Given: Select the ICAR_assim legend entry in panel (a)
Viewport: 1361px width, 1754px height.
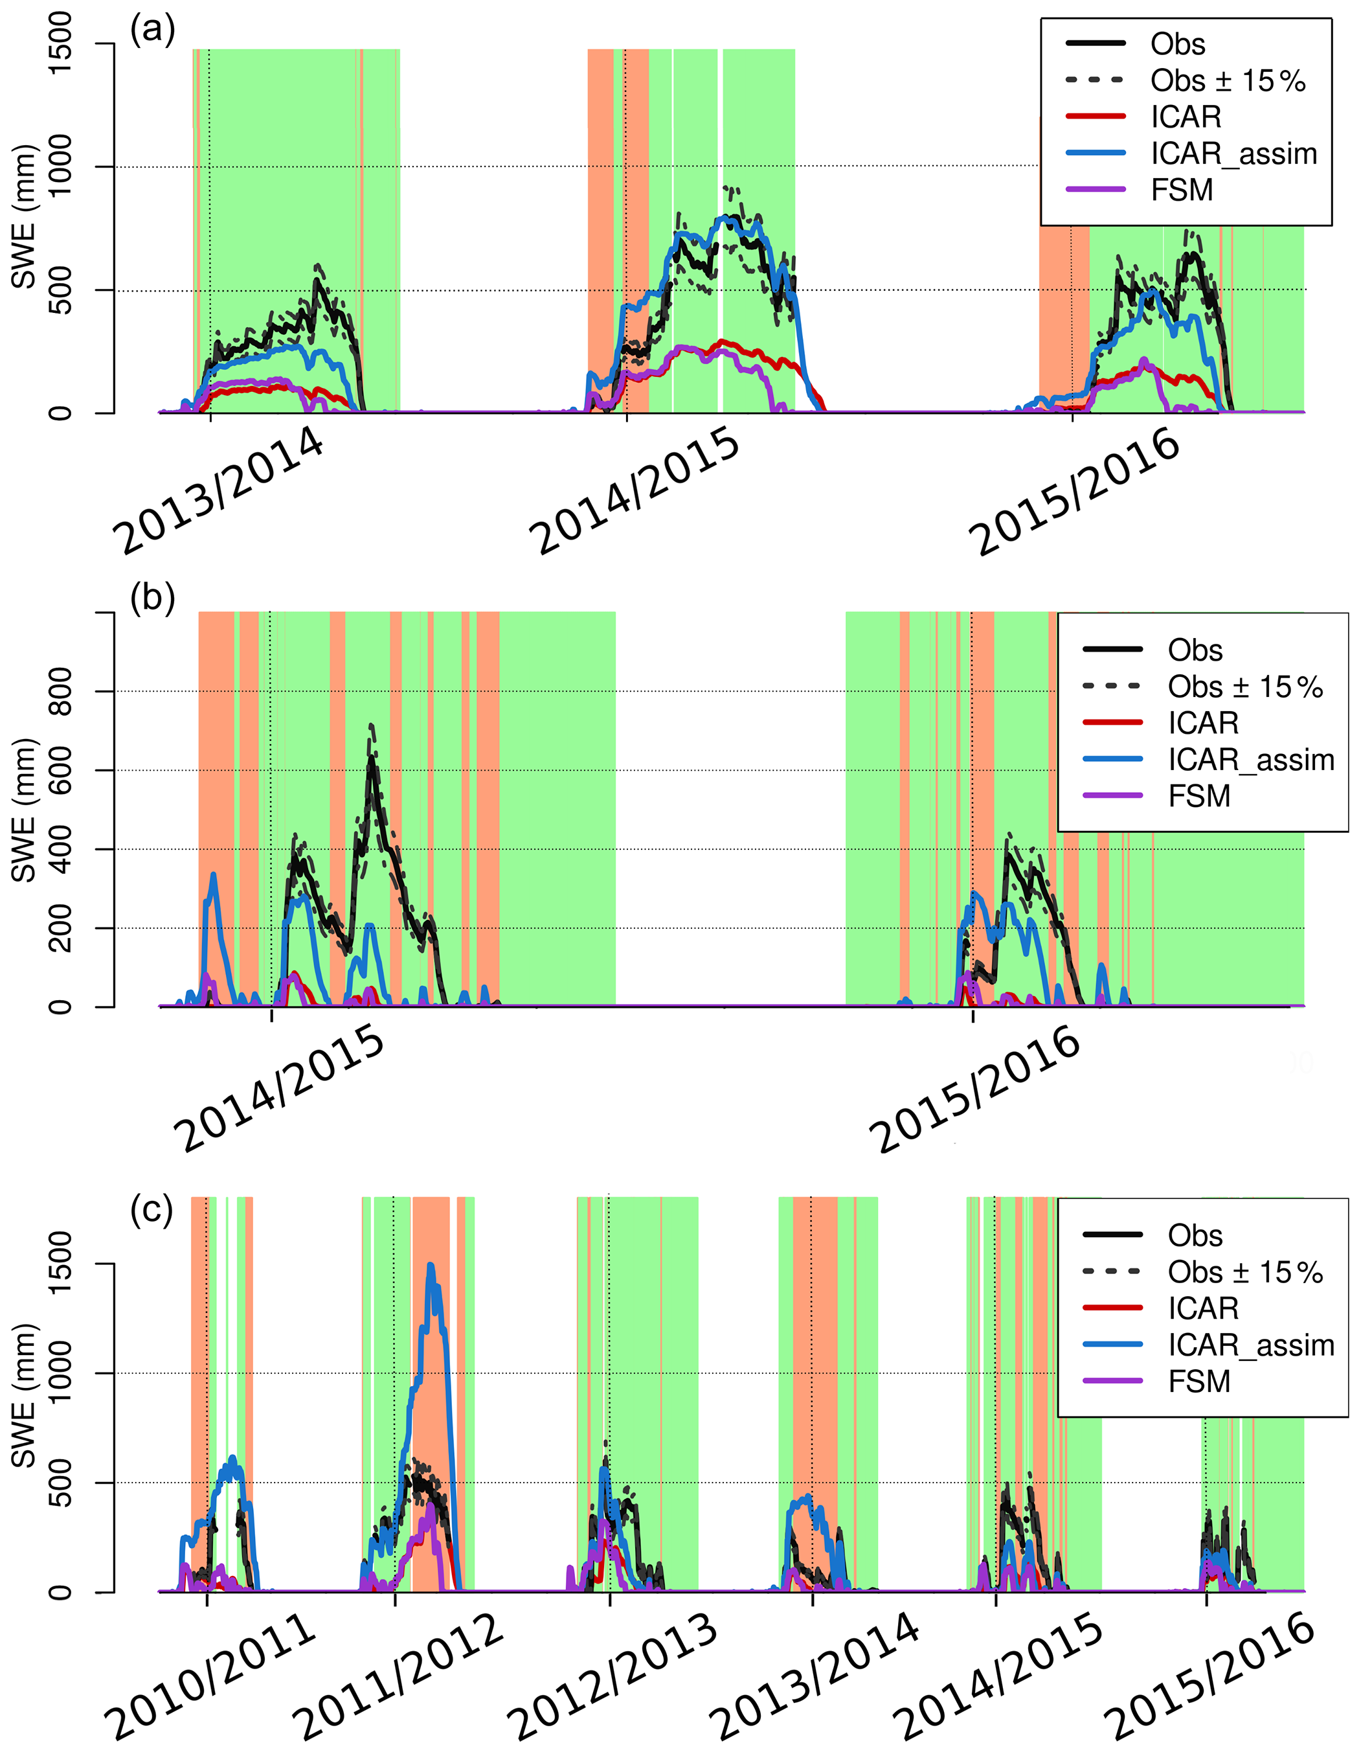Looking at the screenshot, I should pyautogui.click(x=1233, y=154).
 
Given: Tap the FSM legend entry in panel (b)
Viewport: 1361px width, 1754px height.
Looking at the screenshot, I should pyautogui.click(x=1198, y=796).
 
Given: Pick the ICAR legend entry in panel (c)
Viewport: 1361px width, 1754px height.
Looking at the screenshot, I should pyautogui.click(x=1203, y=1308).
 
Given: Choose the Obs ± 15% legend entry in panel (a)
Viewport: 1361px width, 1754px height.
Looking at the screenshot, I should pyautogui.click(x=1227, y=80).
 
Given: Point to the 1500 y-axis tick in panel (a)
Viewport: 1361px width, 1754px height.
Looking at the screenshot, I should pyautogui.click(x=60, y=43).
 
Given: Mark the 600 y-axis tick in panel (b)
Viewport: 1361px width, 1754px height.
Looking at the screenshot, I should pyautogui.click(x=60, y=770).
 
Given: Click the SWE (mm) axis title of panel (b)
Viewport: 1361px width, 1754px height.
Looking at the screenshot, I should pyautogui.click(x=24, y=810).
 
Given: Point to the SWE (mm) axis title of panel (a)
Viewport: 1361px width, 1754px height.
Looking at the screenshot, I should pyautogui.click(x=24, y=217).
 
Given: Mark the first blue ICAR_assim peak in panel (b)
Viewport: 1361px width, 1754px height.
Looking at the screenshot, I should pyautogui.click(x=214, y=874).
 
